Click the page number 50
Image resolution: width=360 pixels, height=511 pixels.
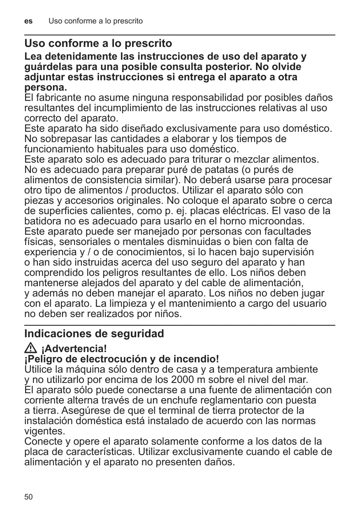click(28, 497)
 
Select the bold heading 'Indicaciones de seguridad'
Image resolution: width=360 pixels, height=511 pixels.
click(94, 334)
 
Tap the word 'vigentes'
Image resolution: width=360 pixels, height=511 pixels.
click(44, 432)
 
